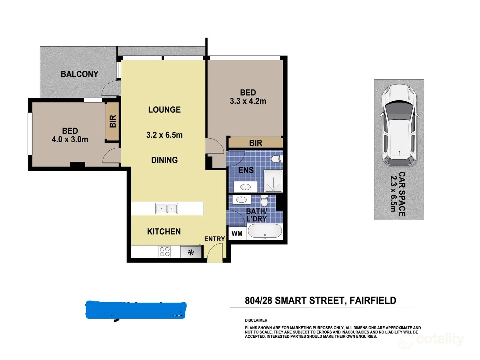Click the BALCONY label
pos(79,74)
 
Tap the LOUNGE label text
pos(164,110)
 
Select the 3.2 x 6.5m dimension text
pos(164,135)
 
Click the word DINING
pos(164,160)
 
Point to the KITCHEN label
pos(164,232)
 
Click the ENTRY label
pos(215,239)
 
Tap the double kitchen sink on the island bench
pos(167,209)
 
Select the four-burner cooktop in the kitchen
pos(165,252)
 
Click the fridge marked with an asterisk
pos(191,252)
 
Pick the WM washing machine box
pos(237,233)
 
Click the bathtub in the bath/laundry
pos(265,231)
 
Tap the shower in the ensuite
pos(273,181)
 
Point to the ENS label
pos(246,170)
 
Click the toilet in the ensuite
pos(276,159)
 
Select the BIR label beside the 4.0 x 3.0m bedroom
pos(113,121)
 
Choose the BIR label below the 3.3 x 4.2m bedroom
pos(255,143)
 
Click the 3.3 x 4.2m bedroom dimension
pos(248,101)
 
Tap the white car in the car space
pos(399,125)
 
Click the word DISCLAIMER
pos(256,320)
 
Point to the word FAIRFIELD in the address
pos(373,301)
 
